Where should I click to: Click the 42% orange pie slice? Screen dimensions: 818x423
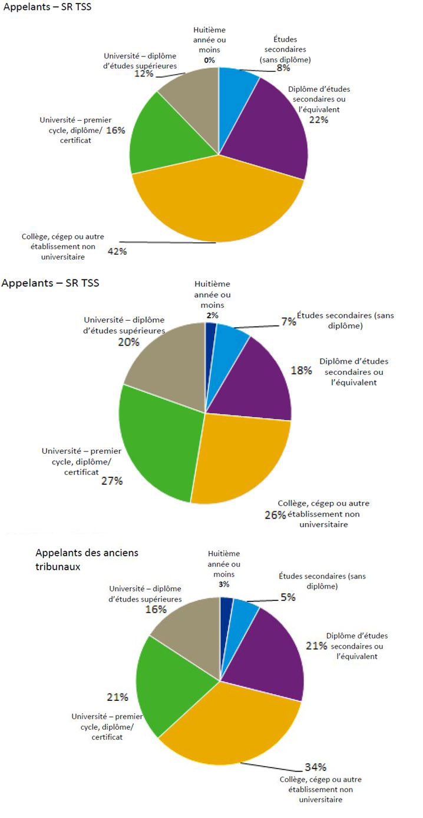coord(218,200)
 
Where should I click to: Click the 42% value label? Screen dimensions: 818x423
coord(117,251)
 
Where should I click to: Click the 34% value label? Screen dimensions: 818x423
coord(315,767)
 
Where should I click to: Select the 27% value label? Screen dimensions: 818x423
coord(111,481)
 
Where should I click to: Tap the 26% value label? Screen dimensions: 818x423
coord(275,514)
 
